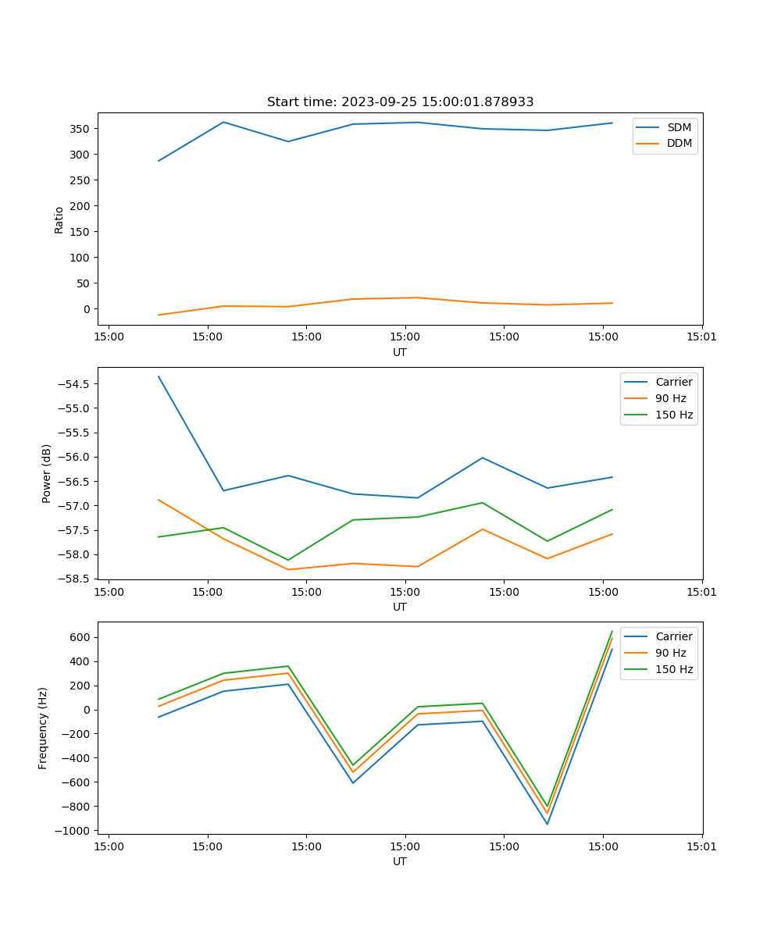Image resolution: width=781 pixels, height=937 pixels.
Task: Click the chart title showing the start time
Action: click(x=400, y=102)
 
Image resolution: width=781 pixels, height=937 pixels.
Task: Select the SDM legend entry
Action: click(x=679, y=127)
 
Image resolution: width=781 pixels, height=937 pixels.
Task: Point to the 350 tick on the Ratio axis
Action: click(x=78, y=129)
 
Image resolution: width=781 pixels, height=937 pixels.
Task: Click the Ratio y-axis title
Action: click(x=59, y=219)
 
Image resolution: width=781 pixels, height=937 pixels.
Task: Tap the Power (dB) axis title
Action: click(x=47, y=473)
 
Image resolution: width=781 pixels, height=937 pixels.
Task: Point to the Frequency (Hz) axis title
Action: click(x=43, y=728)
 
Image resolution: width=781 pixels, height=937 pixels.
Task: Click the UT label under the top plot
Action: click(x=400, y=352)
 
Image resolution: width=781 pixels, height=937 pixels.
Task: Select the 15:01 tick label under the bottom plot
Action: click(x=701, y=845)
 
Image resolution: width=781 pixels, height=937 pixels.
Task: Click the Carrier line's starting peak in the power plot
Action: click(x=159, y=376)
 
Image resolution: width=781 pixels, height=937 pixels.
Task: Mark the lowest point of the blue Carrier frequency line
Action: click(x=547, y=824)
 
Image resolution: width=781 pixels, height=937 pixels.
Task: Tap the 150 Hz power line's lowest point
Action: click(x=288, y=560)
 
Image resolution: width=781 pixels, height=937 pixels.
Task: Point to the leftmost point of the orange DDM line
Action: click(x=159, y=315)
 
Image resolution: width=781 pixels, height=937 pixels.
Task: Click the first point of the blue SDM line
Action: click(x=159, y=161)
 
